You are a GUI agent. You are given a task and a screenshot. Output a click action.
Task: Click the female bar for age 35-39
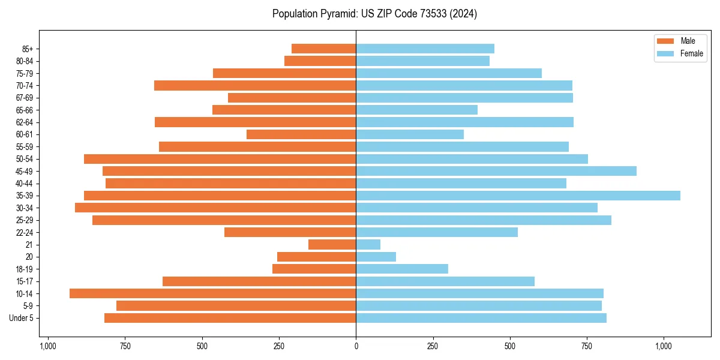coord(518,196)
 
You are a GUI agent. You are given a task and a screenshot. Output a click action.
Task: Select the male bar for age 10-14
coord(213,293)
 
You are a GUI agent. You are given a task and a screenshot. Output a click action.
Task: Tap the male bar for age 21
coord(332,245)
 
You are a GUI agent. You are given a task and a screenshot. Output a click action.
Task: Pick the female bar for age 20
coord(376,257)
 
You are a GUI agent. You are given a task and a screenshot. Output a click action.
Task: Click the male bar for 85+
coord(324,49)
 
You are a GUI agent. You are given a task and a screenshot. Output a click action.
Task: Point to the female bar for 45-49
coord(496,171)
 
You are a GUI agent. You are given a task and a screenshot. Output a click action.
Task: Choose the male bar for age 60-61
coord(301,134)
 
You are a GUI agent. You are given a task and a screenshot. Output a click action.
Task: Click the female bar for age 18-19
coord(402,269)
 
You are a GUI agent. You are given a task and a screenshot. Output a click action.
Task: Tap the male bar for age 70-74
coord(255,85)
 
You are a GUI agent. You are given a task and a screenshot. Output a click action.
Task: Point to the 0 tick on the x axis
coord(356,346)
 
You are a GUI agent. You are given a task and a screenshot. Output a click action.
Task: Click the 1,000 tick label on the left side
coord(48,346)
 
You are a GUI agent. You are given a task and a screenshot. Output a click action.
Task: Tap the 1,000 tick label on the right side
coord(664,346)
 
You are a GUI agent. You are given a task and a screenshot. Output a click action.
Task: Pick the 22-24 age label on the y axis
coord(25,233)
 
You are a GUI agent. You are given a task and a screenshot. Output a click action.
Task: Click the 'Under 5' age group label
coord(22,318)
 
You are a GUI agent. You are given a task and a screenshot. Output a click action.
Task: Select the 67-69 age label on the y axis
coord(25,98)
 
